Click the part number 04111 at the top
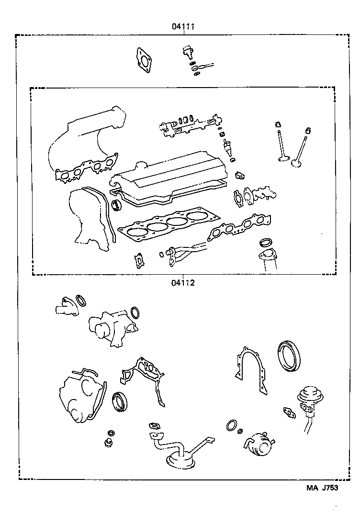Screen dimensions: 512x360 [182, 27]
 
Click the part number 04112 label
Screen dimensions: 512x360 [182, 282]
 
